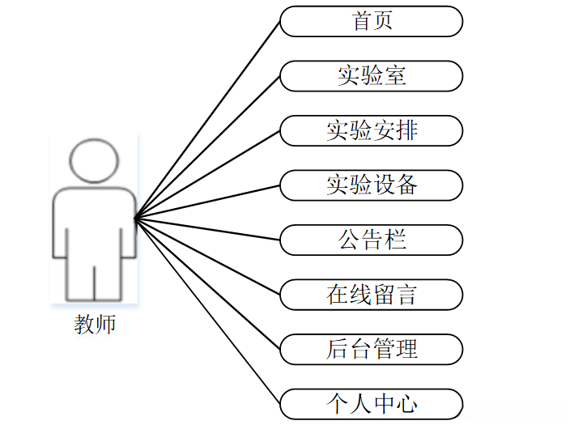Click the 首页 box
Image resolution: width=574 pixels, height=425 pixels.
click(372, 21)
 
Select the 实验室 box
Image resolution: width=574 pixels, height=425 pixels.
click(372, 76)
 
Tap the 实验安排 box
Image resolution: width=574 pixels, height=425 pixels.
click(372, 130)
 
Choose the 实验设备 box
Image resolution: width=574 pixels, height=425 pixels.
click(372, 185)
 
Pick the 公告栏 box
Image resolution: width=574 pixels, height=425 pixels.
click(372, 240)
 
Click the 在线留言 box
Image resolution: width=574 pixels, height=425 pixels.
click(372, 295)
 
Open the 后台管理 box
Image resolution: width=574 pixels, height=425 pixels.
click(372, 350)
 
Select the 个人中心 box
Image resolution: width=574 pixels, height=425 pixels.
click(372, 403)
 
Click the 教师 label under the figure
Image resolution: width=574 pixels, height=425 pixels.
click(95, 325)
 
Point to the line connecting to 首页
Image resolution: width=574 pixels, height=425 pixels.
click(208, 119)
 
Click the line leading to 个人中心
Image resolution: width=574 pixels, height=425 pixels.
click(208, 311)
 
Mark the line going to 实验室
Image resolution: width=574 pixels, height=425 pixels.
click(208, 147)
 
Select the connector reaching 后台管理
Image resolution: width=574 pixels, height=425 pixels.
click(208, 284)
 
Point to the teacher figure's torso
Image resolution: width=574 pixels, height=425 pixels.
click(94, 227)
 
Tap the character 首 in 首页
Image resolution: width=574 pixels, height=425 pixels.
click(361, 21)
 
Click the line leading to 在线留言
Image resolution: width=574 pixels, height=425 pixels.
click(208, 257)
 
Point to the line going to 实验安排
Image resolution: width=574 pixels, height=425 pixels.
click(208, 174)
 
